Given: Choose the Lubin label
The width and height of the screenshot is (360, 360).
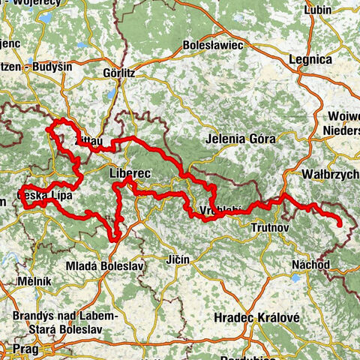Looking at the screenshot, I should pyautogui.click(x=320, y=10).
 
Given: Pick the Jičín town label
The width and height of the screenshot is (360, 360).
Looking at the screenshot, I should pyautogui.click(x=178, y=259).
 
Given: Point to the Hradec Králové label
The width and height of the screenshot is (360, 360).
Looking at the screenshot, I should pyautogui.click(x=256, y=317).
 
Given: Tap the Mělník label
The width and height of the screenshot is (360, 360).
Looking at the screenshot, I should pyautogui.click(x=35, y=280).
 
